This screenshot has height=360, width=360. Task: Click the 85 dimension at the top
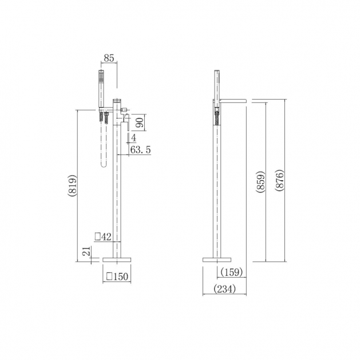click(x=109, y=58)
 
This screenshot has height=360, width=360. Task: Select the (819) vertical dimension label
click(x=72, y=185)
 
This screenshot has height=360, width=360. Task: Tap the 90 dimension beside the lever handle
click(x=140, y=122)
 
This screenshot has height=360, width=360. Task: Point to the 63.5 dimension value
click(x=141, y=150)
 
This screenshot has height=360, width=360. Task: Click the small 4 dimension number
click(x=133, y=138)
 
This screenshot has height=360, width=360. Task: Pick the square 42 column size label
click(x=103, y=236)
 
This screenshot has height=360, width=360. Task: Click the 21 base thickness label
click(x=86, y=251)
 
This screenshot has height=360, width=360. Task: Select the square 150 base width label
click(x=117, y=276)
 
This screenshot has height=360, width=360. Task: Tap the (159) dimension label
click(x=231, y=272)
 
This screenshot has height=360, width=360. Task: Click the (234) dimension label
click(x=224, y=289)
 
